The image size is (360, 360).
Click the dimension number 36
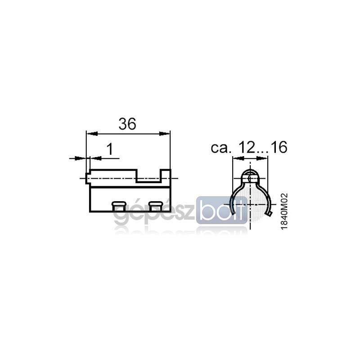pyautogui.click(x=127, y=124)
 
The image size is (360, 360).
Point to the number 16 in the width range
pyautogui.click(x=279, y=147)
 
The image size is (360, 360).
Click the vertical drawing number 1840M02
pyautogui.click(x=284, y=211)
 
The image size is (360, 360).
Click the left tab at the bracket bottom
pyautogui.click(x=119, y=207)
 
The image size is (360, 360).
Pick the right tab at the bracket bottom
pyautogui.click(x=156, y=207)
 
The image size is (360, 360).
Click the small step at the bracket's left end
pyautogui.click(x=88, y=178)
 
